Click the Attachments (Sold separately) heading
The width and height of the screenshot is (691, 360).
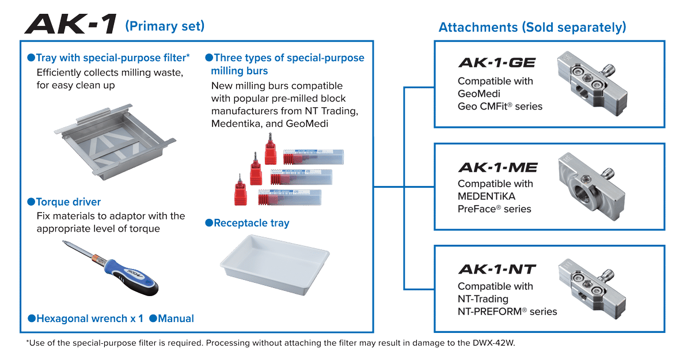pyautogui.click(x=532, y=27)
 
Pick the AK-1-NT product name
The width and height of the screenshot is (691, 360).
pyautogui.click(x=497, y=270)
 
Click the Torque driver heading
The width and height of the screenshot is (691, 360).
pyautogui.click(x=68, y=202)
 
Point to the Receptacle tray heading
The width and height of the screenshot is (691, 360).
pyautogui.click(x=251, y=222)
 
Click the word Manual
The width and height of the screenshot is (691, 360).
pyautogui.click(x=176, y=319)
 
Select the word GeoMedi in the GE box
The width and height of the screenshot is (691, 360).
pyautogui.click(x=479, y=94)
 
